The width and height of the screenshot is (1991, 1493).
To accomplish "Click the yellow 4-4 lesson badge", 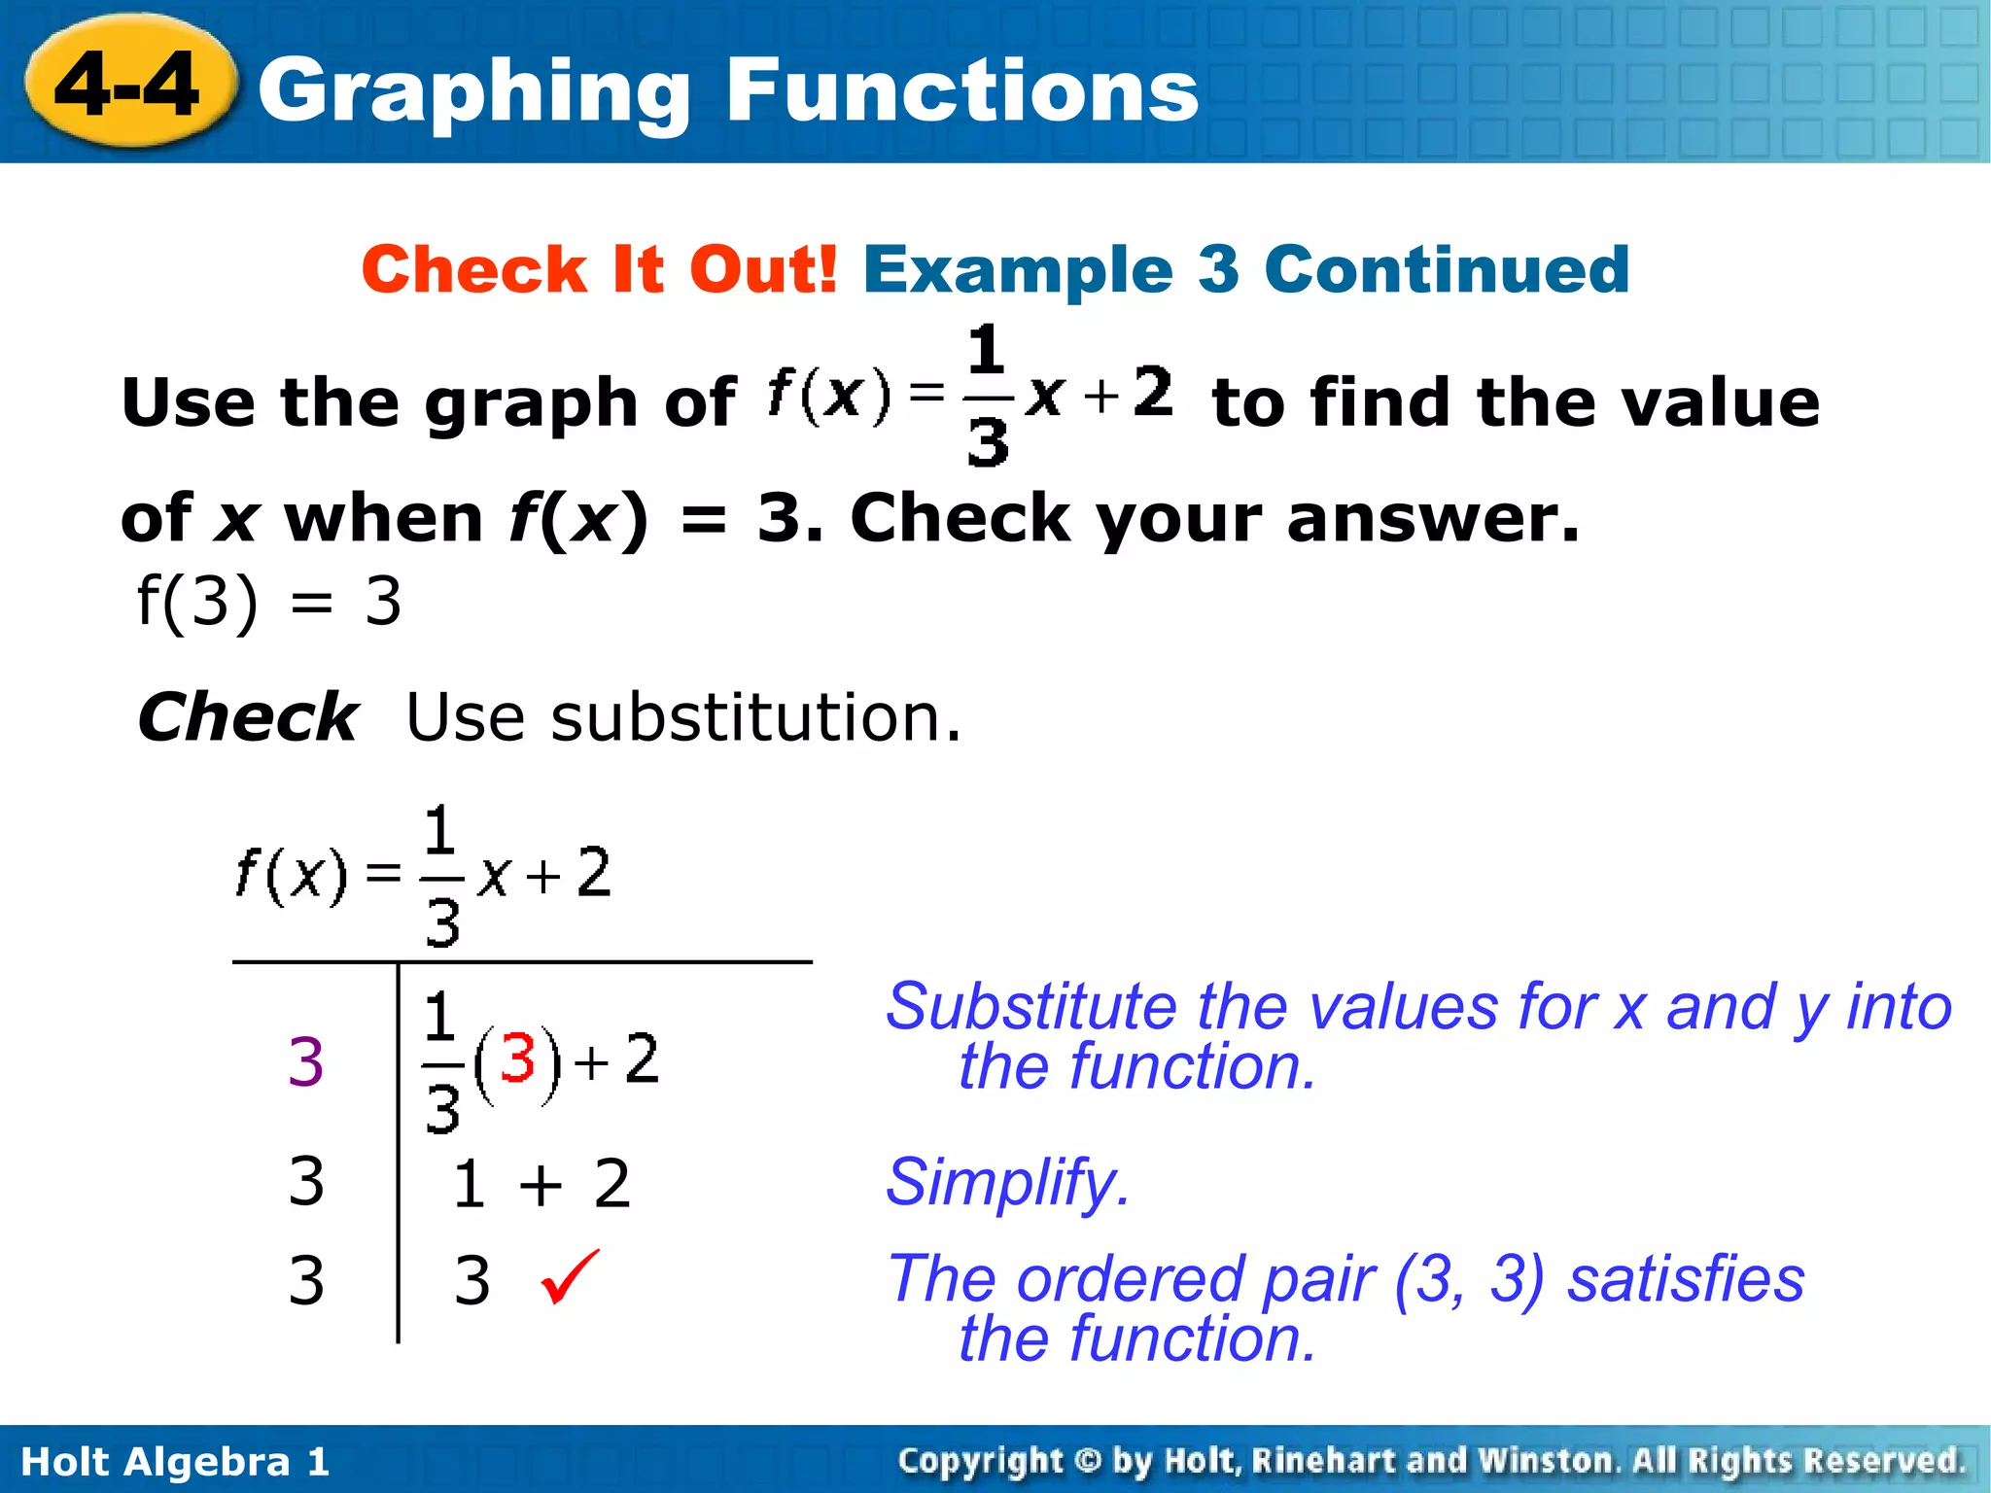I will (128, 86).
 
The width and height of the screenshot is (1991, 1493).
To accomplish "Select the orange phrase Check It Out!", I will (599, 269).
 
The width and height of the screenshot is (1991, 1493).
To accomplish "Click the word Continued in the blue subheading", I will (1447, 269).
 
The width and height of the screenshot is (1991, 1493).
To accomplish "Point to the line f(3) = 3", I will (268, 602).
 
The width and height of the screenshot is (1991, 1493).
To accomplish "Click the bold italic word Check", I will (248, 717).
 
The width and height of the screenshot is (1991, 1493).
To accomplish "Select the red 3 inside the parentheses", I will (517, 1059).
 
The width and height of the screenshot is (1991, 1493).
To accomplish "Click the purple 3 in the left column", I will (305, 1061).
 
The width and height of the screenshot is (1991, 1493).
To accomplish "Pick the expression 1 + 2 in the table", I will (541, 1184).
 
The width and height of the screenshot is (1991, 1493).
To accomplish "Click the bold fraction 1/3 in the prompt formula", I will (987, 397).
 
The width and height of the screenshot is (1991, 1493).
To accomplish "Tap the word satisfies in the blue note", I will (1686, 1278).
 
